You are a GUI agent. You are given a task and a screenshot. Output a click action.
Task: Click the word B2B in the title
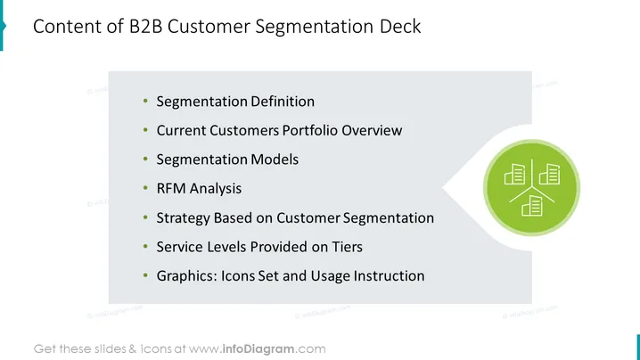[145, 27]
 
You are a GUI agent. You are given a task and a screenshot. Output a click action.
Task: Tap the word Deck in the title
[400, 27]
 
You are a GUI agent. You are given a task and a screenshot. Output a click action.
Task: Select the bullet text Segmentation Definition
[235, 102]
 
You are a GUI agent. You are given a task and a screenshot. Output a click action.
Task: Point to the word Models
[275, 160]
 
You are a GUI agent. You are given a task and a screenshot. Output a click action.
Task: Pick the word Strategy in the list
[183, 218]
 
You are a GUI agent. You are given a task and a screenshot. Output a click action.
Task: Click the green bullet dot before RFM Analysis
[145, 188]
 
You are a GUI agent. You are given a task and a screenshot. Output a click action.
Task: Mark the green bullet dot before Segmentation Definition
[145, 101]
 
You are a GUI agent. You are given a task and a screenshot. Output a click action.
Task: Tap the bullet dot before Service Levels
[145, 247]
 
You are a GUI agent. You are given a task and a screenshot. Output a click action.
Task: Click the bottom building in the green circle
[532, 205]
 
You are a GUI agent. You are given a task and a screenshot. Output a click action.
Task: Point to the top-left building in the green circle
[514, 175]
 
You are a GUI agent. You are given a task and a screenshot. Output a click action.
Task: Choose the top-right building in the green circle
[549, 175]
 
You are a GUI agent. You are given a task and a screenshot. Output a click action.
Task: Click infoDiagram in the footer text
[258, 349]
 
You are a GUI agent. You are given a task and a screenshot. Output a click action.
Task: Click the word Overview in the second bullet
[372, 130]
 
